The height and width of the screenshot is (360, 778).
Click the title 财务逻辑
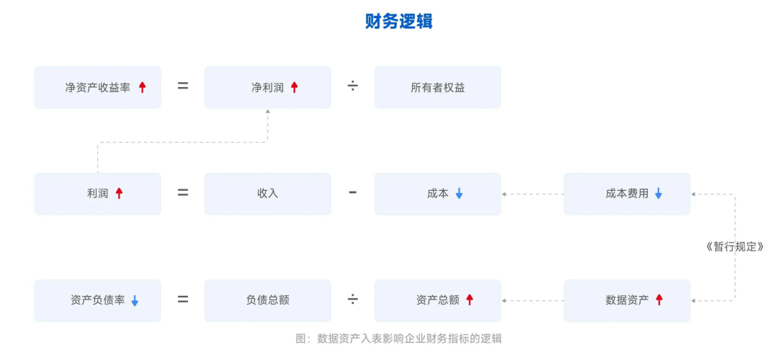click(398, 22)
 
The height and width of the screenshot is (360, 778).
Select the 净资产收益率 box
click(97, 87)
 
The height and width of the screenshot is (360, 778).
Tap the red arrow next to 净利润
click(294, 87)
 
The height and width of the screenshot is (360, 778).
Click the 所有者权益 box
click(437, 87)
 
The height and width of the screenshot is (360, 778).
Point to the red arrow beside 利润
click(119, 193)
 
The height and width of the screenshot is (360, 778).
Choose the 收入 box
click(267, 193)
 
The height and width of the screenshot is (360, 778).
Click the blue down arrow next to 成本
click(459, 193)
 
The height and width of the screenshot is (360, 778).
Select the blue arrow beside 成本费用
click(658, 193)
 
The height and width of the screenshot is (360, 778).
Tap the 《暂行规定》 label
click(733, 246)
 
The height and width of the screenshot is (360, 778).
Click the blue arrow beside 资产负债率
click(134, 300)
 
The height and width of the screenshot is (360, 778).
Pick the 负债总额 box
click(267, 300)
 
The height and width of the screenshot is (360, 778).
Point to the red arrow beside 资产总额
click(469, 300)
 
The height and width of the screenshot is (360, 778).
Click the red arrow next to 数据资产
click(658, 300)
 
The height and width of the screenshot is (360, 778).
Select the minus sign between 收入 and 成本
click(353, 192)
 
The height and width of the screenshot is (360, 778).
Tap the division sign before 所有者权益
click(353, 86)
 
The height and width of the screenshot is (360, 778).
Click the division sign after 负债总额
click(353, 300)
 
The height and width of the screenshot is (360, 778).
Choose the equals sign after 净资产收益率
click(183, 86)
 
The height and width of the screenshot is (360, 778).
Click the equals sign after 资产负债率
click(183, 300)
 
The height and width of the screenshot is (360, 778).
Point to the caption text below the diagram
click(398, 338)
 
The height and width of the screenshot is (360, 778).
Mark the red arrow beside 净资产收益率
click(142, 87)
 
